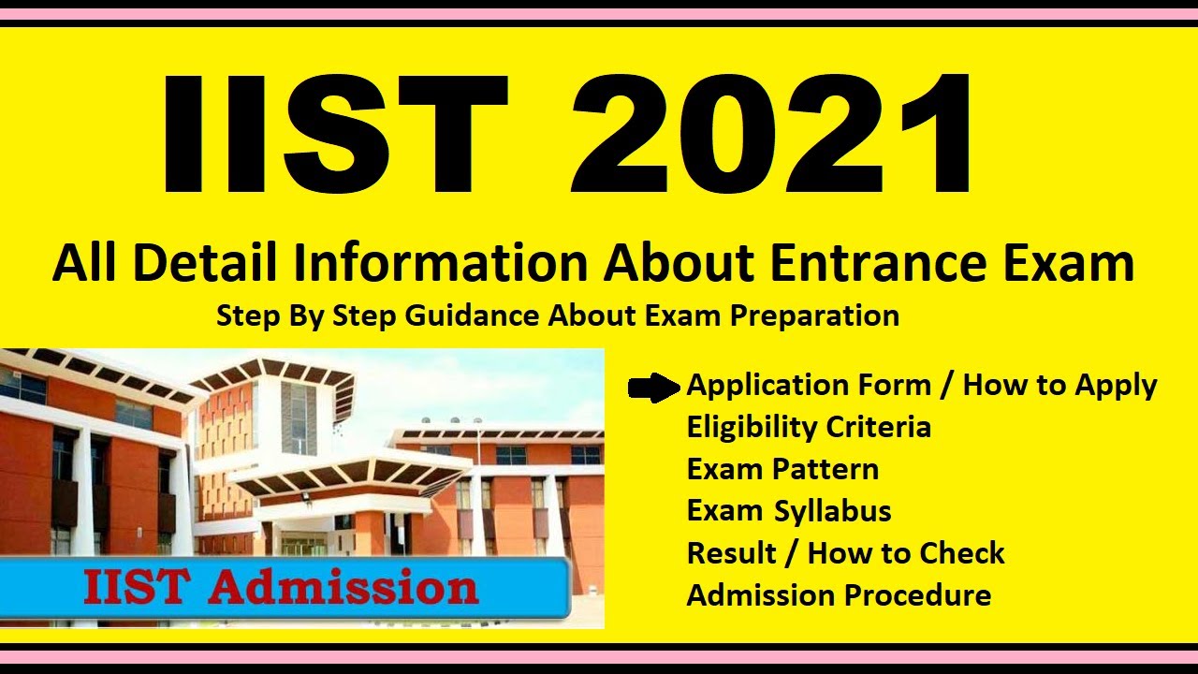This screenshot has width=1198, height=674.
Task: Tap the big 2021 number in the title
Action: pos(773,133)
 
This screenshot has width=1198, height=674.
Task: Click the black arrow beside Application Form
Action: pos(653,386)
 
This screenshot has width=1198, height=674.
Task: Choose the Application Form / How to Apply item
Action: pos(921,385)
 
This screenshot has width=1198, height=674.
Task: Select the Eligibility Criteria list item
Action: pos(809,428)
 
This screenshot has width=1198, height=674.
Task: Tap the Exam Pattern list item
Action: pos(782,469)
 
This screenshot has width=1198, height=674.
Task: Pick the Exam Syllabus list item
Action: pos(788,511)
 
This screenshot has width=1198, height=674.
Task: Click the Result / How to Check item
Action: pos(845,553)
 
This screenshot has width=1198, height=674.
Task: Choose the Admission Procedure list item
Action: pos(839,595)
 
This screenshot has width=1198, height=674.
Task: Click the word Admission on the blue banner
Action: pos(343,587)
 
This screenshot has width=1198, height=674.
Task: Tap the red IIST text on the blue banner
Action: pos(139,587)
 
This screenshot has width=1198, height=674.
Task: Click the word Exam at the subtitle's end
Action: pos(1070,264)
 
